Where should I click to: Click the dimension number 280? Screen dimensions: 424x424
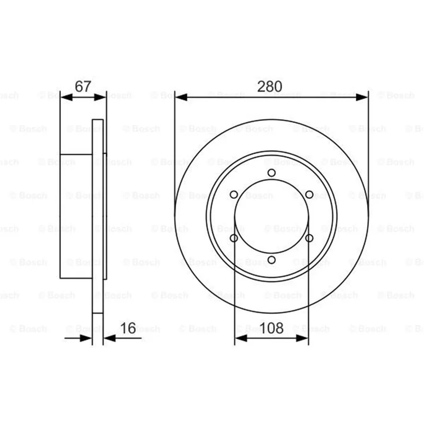(x=269, y=86)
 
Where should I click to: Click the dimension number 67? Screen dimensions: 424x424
(x=83, y=86)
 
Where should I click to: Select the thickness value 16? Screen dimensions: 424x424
(x=128, y=328)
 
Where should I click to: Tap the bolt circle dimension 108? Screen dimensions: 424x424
(x=271, y=328)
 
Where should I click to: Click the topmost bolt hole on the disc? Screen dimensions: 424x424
(x=271, y=173)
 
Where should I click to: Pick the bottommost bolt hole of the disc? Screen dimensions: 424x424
(x=271, y=260)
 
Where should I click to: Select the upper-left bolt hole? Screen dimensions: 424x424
(x=234, y=195)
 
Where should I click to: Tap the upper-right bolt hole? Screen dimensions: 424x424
(x=309, y=195)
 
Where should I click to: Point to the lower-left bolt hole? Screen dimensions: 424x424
(x=234, y=238)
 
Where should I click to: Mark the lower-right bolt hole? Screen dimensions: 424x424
(x=309, y=238)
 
